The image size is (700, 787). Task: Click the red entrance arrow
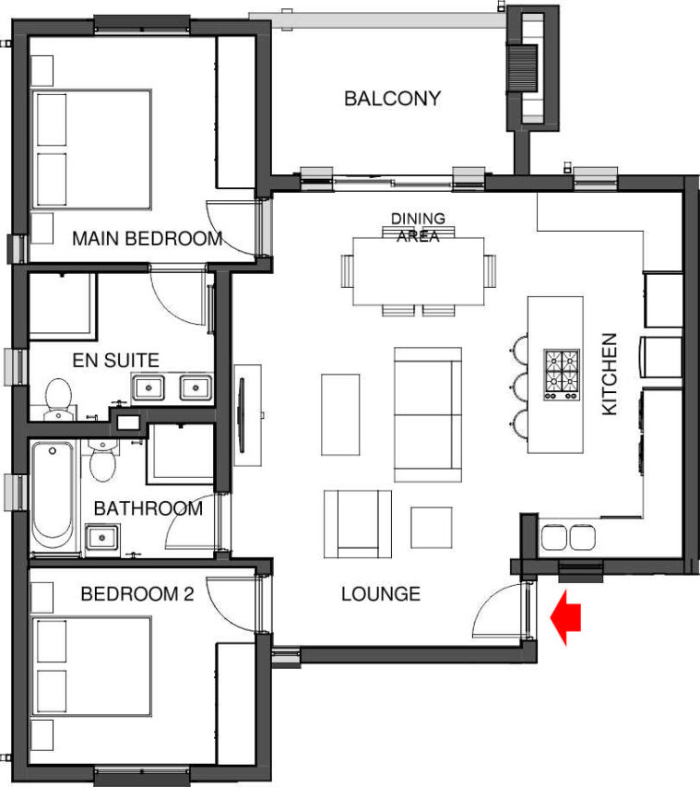(x=565, y=617)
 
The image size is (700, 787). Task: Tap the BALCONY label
(x=392, y=99)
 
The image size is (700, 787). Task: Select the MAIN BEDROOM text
(x=147, y=238)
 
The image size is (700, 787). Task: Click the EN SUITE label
(x=116, y=361)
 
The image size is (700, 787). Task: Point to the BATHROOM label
(x=148, y=508)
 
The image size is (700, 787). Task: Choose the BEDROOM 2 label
(x=137, y=594)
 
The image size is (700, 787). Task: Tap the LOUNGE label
(x=381, y=594)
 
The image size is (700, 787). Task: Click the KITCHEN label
(x=610, y=375)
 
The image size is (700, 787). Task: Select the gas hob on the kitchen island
(x=562, y=375)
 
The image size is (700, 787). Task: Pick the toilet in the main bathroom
(x=103, y=460)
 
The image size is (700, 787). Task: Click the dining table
(x=419, y=271)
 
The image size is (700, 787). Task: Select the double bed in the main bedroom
(x=91, y=149)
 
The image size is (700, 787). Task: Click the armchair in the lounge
(x=358, y=524)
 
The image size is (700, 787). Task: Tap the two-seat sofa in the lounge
(x=428, y=414)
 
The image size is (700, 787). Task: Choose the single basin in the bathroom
(x=102, y=538)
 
